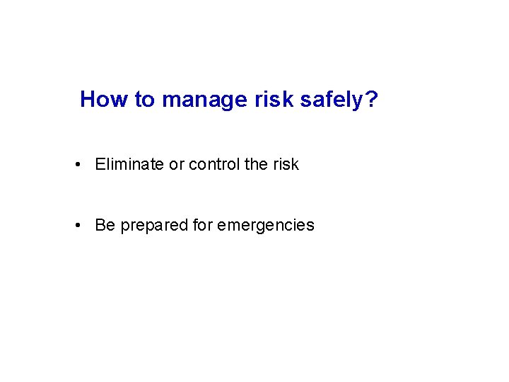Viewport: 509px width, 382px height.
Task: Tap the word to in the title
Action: [x=144, y=99]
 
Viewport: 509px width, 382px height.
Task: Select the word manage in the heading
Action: [x=205, y=100]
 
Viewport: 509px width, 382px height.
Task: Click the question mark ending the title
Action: [x=372, y=99]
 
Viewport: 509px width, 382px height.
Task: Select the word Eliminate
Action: [x=129, y=164]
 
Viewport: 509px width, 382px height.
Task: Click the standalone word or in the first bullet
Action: [x=176, y=165]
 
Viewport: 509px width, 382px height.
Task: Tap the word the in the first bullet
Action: [x=256, y=164]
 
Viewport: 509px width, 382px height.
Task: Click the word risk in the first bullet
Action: [x=286, y=164]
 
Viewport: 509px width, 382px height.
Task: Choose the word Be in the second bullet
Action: [x=105, y=225]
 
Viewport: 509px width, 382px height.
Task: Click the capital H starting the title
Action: [x=88, y=99]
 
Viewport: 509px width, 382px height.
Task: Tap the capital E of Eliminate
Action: [x=100, y=164]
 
